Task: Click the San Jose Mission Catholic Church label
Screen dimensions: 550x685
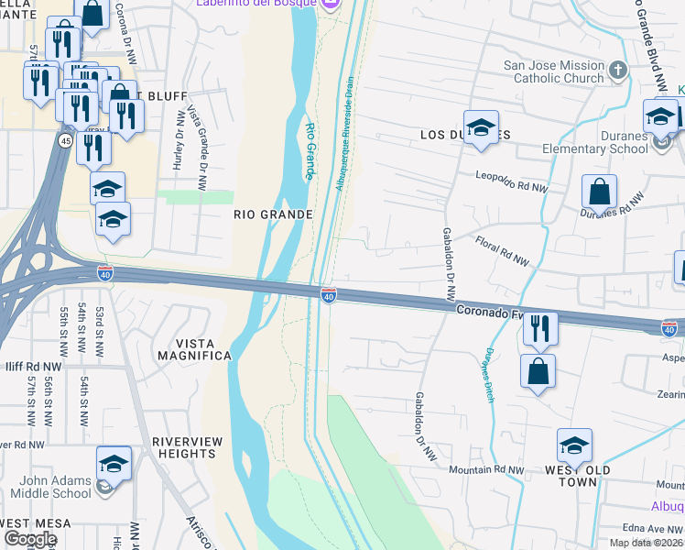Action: (554, 71)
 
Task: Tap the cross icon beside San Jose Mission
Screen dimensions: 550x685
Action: (618, 71)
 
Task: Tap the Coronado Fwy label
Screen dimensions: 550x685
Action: (490, 312)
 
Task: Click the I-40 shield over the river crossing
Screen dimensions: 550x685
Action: (329, 295)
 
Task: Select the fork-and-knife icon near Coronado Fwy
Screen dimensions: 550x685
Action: (540, 329)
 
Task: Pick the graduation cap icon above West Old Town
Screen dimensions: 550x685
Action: (574, 446)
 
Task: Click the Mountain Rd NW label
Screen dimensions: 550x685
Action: (486, 469)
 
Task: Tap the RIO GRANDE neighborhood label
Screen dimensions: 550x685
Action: (273, 214)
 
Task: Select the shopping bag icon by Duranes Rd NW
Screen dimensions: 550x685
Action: (598, 192)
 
